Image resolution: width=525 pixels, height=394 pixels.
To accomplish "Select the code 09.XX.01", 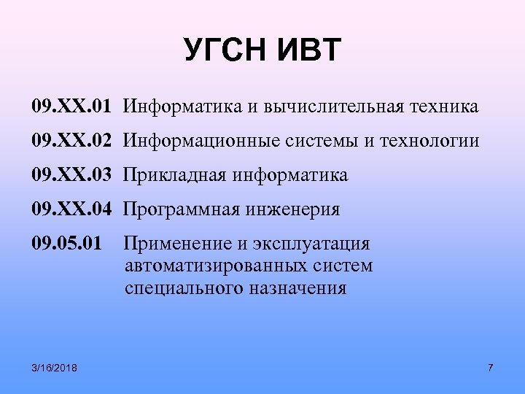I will pos(71,107).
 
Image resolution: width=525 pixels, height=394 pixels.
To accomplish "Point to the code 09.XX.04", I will pos(71,210).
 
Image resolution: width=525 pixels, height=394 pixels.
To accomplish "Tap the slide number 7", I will pos(490,367).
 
